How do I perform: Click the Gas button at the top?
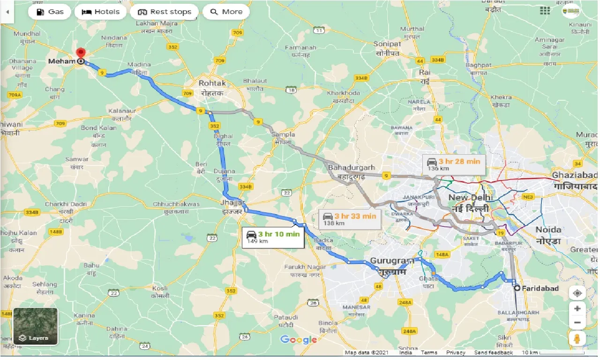tap(50, 12)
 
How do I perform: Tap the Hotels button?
tap(101, 12)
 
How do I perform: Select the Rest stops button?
tap(164, 12)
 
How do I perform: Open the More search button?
tap(226, 12)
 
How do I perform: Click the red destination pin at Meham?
tap(81, 53)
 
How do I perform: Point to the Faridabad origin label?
tap(540, 288)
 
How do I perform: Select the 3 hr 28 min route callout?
tap(454, 165)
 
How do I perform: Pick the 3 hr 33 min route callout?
tap(350, 219)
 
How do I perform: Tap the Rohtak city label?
tap(212, 83)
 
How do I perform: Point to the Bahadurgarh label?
tap(352, 167)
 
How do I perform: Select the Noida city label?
tap(548, 230)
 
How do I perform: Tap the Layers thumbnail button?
tap(36, 326)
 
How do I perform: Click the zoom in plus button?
tap(577, 308)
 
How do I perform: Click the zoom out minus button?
tap(577, 322)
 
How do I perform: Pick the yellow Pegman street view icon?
tap(577, 339)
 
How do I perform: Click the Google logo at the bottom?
tap(299, 340)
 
